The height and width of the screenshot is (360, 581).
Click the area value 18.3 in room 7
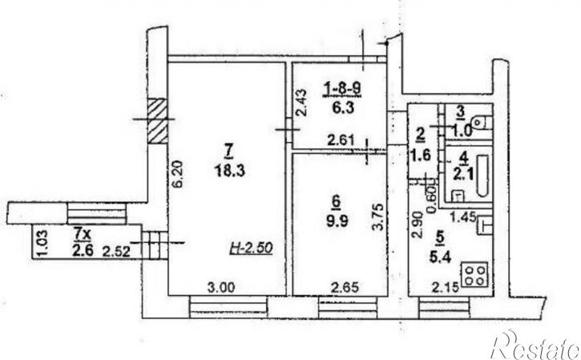click(230, 171)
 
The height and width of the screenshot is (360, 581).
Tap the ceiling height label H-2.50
click(251, 248)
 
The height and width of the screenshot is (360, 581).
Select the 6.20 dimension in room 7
click(177, 173)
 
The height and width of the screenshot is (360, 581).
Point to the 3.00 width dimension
click(221, 287)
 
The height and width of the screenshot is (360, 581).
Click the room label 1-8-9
click(343, 89)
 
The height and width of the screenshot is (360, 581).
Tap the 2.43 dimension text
click(301, 103)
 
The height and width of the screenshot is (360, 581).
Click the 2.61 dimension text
click(341, 140)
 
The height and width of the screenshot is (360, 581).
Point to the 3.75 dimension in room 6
click(378, 217)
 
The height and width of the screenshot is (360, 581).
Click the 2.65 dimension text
click(345, 287)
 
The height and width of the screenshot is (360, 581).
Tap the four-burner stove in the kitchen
click(474, 275)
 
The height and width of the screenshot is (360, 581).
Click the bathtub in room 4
click(482, 176)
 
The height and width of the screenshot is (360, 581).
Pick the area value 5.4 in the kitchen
click(440, 257)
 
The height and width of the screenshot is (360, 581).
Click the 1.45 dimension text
click(463, 216)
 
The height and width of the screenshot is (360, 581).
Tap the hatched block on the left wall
click(158, 121)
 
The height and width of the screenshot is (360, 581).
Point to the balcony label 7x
click(82, 234)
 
